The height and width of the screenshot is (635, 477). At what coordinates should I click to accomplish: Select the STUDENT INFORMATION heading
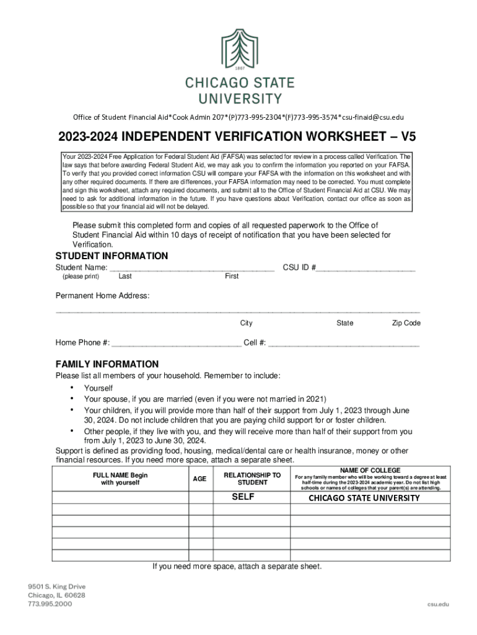click(112, 256)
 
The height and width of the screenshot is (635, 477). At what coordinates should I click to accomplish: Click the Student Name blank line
click(192, 269)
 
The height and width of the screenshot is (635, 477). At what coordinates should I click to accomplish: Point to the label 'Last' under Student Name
click(125, 277)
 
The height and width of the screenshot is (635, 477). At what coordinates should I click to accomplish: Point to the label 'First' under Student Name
click(232, 277)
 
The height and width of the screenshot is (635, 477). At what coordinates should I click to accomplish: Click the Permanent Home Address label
click(102, 296)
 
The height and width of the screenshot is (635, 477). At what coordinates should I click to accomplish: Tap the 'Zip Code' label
click(406, 323)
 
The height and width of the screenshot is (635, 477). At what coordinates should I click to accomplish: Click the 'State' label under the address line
click(344, 323)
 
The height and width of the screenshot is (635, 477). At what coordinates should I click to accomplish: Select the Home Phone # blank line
click(177, 343)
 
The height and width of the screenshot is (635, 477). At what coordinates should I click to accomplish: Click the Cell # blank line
click(344, 343)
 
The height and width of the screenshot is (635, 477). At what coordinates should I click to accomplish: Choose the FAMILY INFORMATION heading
click(107, 365)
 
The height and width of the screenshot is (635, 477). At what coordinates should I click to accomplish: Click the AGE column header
click(200, 479)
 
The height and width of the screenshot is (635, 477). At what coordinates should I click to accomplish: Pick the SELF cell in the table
click(243, 497)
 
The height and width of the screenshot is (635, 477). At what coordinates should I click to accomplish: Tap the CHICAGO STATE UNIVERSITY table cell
click(364, 498)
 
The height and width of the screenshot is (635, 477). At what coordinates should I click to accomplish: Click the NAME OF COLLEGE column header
click(370, 471)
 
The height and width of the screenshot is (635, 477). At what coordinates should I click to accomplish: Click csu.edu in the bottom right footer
click(438, 603)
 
